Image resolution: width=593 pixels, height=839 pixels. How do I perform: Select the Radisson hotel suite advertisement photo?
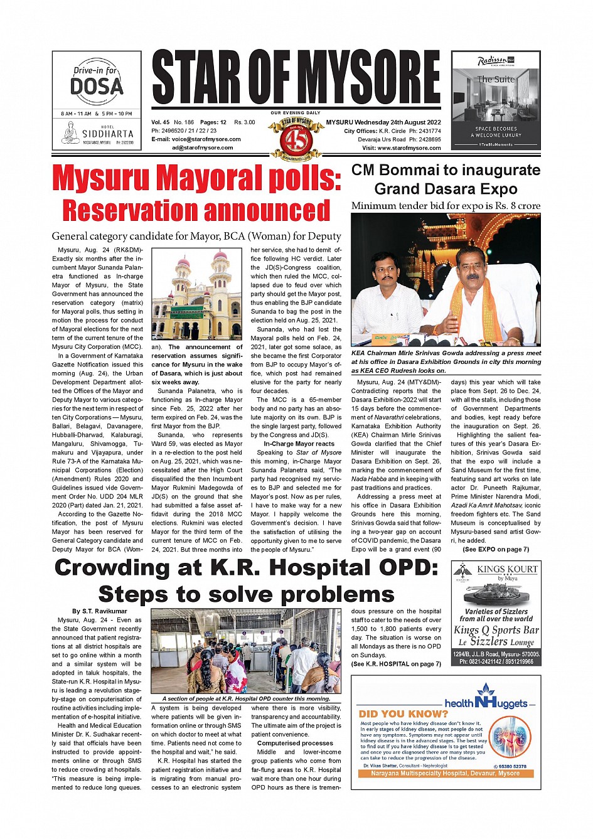point(496,100)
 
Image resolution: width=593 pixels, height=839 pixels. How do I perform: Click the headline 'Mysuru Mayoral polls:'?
point(196,178)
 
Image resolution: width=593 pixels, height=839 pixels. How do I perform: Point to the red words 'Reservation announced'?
point(196,211)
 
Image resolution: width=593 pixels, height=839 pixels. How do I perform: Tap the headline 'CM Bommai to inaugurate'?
point(446,171)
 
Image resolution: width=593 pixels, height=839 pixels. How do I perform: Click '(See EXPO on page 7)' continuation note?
point(496,549)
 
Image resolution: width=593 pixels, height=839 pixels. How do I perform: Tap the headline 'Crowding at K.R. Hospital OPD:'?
point(246,568)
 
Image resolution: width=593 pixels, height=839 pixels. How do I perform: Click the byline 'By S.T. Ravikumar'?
point(99,611)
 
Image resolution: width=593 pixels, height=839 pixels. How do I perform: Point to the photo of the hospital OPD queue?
point(246,651)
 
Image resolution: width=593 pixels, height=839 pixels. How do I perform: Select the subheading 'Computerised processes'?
point(295,743)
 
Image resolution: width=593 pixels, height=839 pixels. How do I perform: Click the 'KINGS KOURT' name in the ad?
point(507,569)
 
